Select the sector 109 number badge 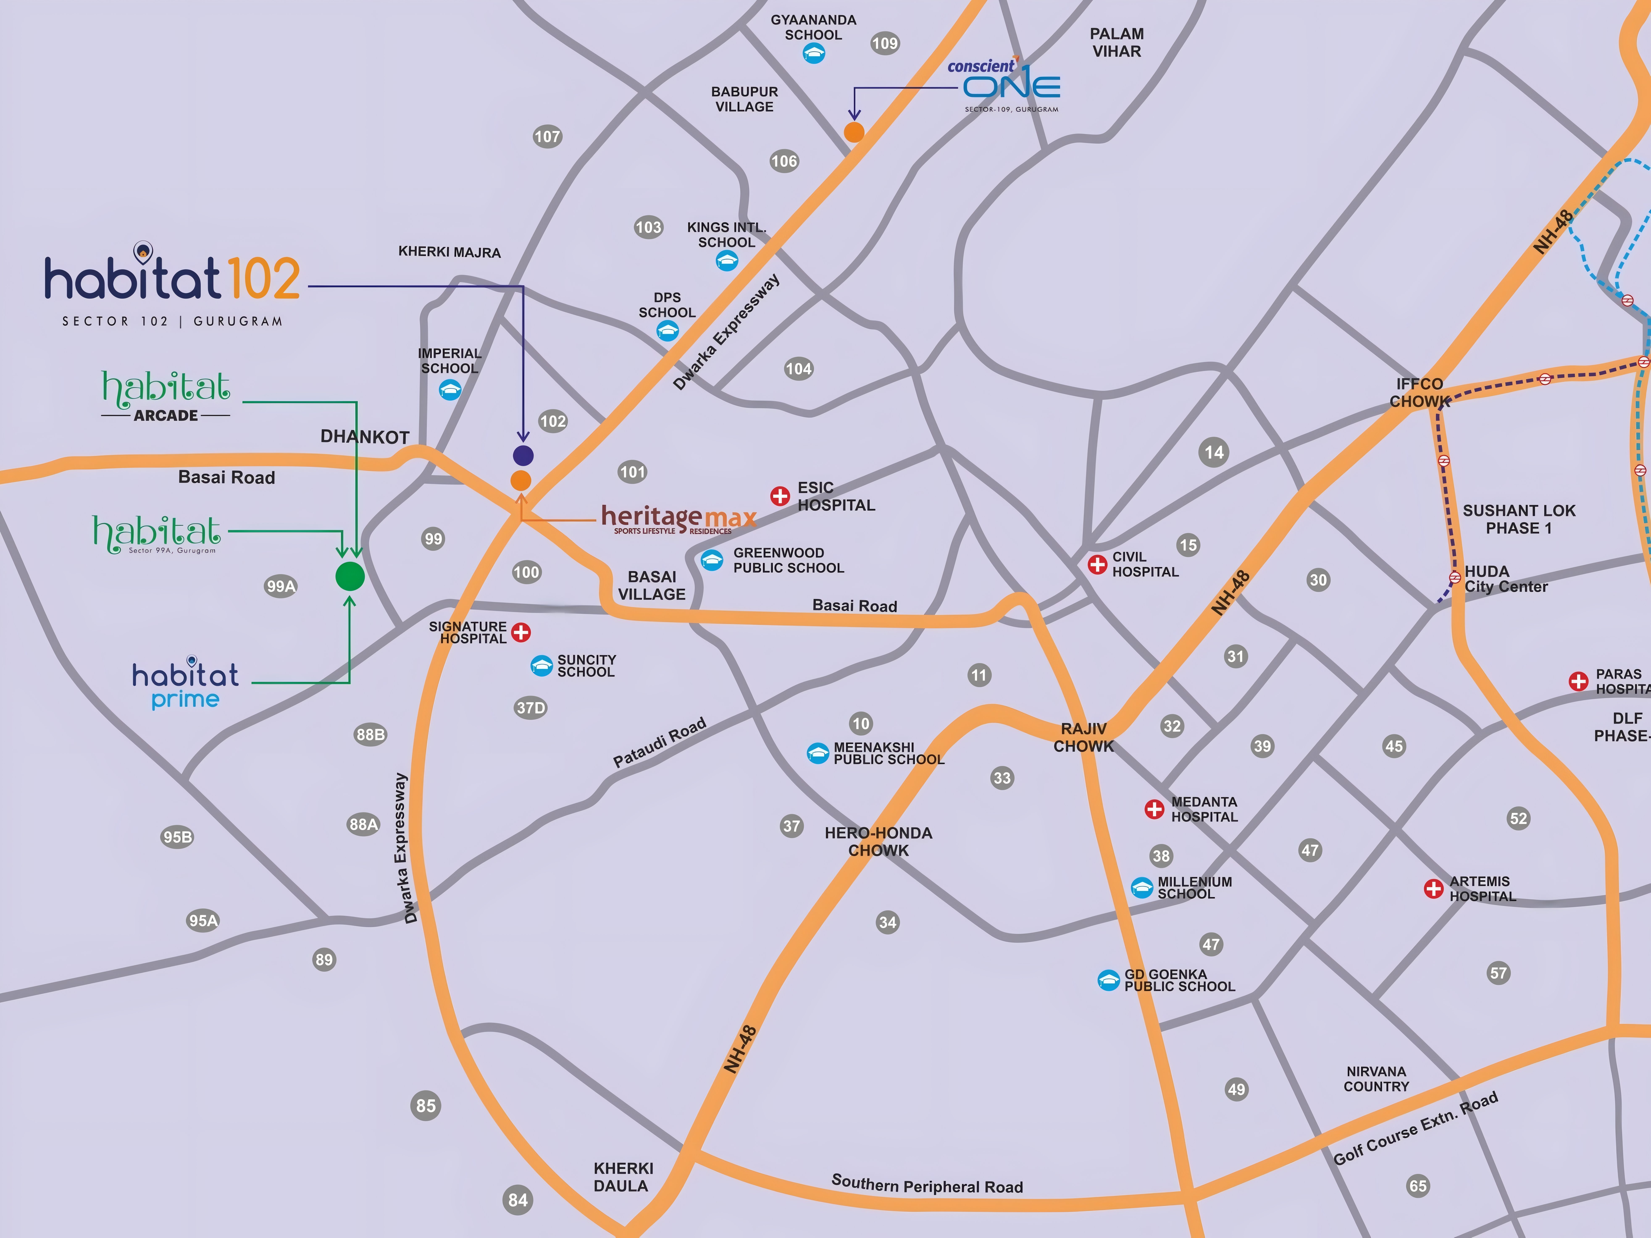point(885,43)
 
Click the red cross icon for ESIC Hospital point(780,496)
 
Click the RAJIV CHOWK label point(1083,737)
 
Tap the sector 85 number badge point(425,1105)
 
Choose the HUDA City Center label point(1505,579)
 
